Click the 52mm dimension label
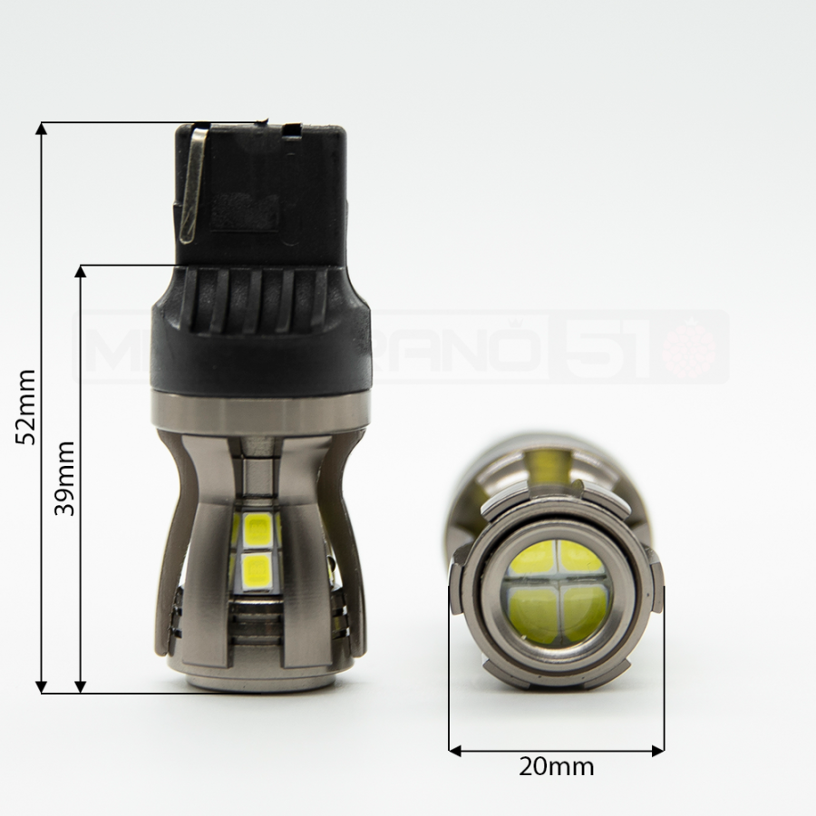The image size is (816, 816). pos(26,405)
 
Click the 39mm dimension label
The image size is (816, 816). pos(64,478)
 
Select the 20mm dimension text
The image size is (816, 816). pos(557,767)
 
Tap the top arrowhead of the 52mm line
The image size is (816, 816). pos(41,128)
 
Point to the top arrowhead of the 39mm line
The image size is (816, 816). pos(81,272)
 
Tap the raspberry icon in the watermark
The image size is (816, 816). pos(689,348)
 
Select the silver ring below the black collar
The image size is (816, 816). pos(261,413)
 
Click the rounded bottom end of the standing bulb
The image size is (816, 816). pos(261,675)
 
